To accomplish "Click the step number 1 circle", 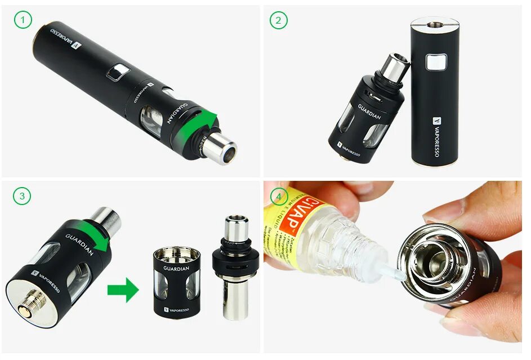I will click(23, 21).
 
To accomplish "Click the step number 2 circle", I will click(278, 21).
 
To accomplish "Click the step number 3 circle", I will click(23, 196).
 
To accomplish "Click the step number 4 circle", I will click(278, 196).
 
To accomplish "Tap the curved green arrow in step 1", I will click(202, 125).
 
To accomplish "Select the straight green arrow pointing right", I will click(123, 290).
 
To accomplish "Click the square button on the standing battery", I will click(433, 63).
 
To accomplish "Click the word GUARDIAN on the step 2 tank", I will click(369, 113).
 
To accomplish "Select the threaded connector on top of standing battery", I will click(435, 24).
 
